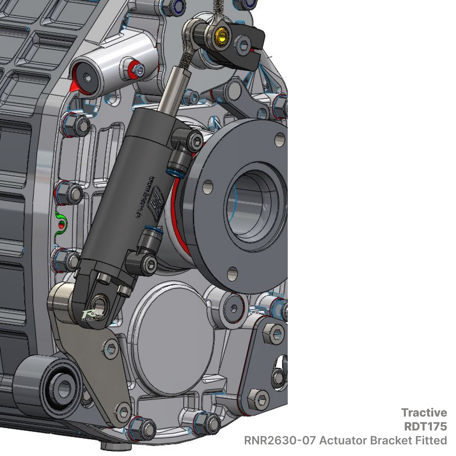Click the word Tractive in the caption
(x=424, y=412)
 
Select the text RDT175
(x=425, y=426)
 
